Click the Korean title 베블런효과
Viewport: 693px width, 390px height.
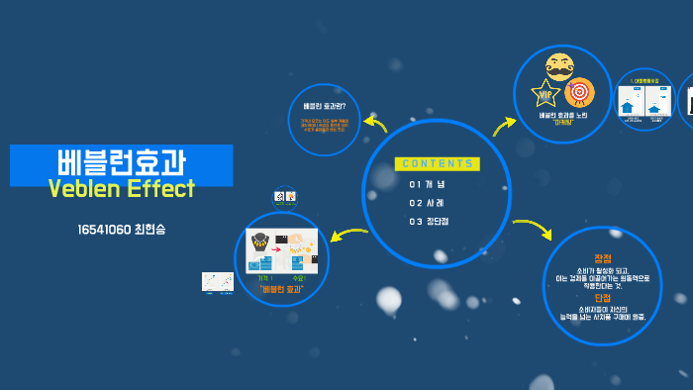[123, 160]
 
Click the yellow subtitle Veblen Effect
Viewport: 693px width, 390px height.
[122, 188]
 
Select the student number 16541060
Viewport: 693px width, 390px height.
[104, 230]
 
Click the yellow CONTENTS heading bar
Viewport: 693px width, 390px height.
[436, 163]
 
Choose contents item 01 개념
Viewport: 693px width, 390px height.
[428, 184]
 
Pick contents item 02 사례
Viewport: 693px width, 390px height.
[428, 203]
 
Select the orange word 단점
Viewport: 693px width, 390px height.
[603, 298]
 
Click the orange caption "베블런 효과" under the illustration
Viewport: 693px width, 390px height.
[281, 289]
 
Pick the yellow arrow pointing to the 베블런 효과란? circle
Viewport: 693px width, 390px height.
[375, 124]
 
